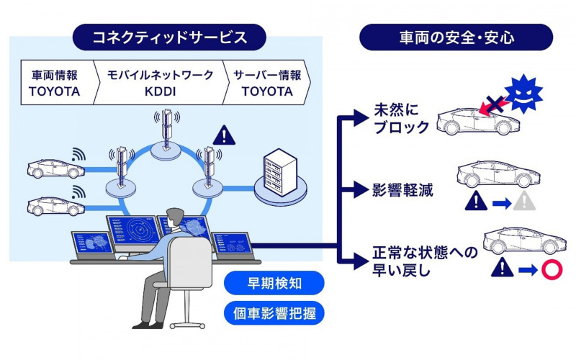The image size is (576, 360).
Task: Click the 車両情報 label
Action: [x=54, y=76]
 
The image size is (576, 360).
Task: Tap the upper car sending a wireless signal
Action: [x=50, y=168]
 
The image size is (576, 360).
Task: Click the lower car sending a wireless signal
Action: [x=50, y=206]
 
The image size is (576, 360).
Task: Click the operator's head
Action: [x=176, y=219]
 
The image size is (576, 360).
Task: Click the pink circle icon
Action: [x=550, y=270]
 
